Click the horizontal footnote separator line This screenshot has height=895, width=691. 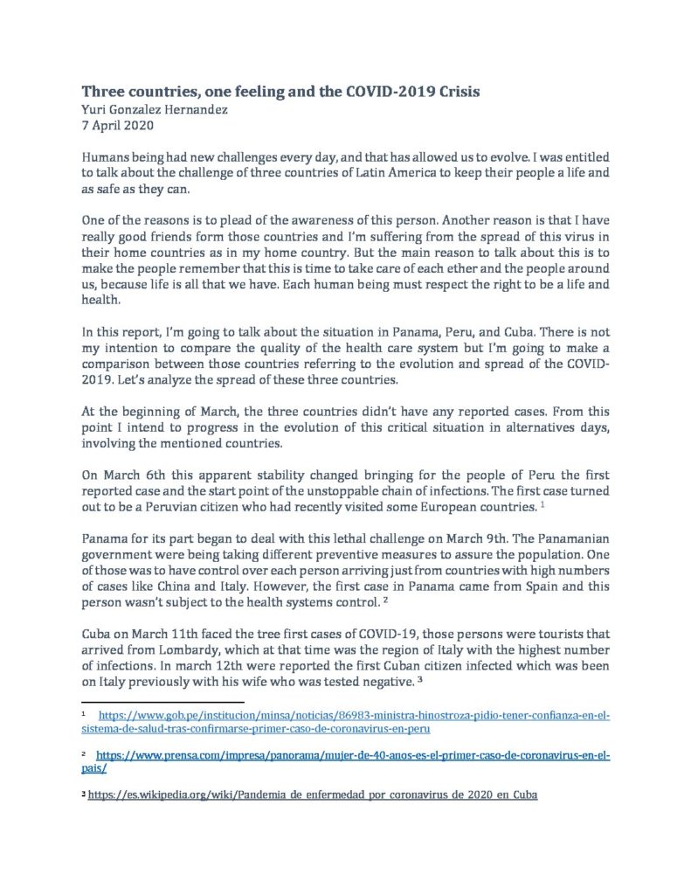[x=162, y=701]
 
